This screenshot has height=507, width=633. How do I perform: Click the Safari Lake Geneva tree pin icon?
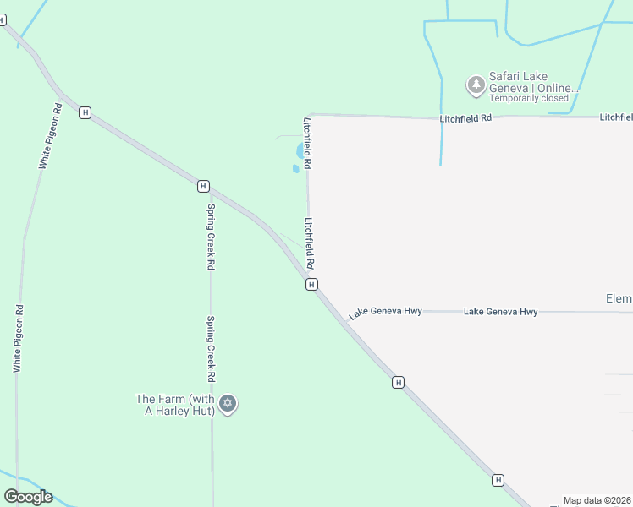pyautogui.click(x=476, y=84)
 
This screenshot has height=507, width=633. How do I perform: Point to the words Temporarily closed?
pyautogui.click(x=529, y=98)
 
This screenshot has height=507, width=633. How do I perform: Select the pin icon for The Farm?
pyautogui.click(x=227, y=403)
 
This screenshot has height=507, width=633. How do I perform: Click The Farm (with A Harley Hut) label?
pyautogui.click(x=175, y=405)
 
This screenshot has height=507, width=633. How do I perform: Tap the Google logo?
pyautogui.click(x=28, y=497)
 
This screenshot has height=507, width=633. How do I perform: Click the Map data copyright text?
pyautogui.click(x=597, y=500)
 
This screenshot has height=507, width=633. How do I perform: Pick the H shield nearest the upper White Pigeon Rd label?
pyautogui.click(x=85, y=112)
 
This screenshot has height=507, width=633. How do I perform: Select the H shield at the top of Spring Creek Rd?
pyautogui.click(x=203, y=186)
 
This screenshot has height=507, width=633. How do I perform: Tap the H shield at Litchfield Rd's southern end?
pyautogui.click(x=311, y=285)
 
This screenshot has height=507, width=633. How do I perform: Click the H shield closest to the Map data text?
pyautogui.click(x=498, y=480)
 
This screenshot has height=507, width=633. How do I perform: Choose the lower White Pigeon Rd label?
pyautogui.click(x=17, y=339)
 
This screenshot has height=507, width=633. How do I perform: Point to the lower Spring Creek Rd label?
pyautogui.click(x=211, y=348)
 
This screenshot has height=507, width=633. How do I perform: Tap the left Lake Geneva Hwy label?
pyautogui.click(x=385, y=312)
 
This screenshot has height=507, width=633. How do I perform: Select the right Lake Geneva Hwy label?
pyautogui.click(x=500, y=312)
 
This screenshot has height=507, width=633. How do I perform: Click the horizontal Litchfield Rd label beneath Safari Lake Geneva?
pyautogui.click(x=465, y=119)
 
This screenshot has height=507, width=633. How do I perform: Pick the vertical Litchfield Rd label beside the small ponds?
pyautogui.click(x=308, y=141)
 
